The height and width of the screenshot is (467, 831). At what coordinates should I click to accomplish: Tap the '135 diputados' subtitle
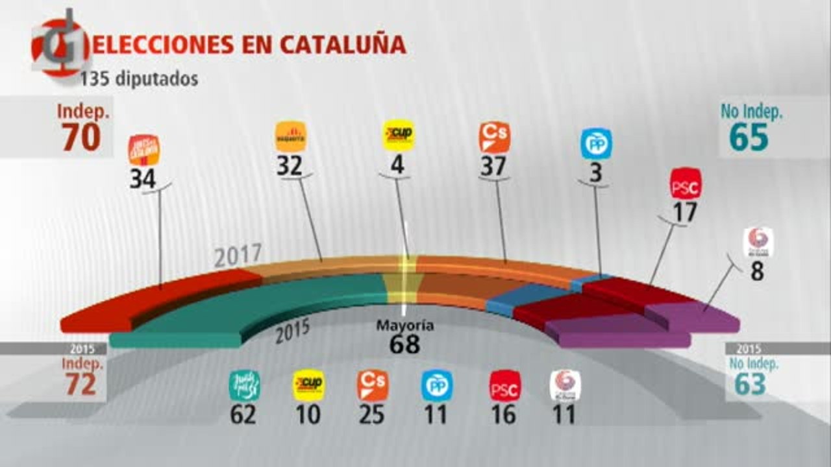pyautogui.click(x=139, y=78)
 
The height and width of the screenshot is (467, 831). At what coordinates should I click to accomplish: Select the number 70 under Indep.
pyautogui.click(x=81, y=138)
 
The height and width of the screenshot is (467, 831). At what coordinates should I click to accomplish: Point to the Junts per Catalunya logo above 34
pyautogui.click(x=144, y=150)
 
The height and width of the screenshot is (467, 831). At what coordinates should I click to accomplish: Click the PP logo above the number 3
pyautogui.click(x=595, y=144)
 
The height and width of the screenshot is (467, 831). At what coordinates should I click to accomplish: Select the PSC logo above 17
pyautogui.click(x=686, y=184)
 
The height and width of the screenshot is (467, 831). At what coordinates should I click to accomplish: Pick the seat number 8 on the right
pyautogui.click(x=757, y=271)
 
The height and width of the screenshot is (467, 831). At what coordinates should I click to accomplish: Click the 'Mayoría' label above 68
pyautogui.click(x=404, y=326)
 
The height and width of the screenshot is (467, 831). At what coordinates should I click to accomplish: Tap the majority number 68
pyautogui.click(x=404, y=344)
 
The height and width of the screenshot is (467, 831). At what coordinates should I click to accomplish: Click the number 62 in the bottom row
pyautogui.click(x=243, y=414)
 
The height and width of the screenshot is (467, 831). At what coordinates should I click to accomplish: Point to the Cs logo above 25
pyautogui.click(x=373, y=385)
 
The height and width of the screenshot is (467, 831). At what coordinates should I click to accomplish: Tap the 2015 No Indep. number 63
pyautogui.click(x=750, y=384)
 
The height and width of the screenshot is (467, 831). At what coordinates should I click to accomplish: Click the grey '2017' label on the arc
pyautogui.click(x=238, y=256)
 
